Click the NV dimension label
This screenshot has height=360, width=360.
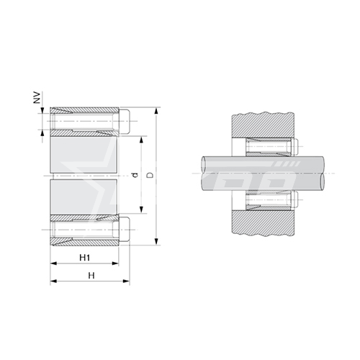point(37,97)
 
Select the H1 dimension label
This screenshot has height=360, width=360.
point(85,258)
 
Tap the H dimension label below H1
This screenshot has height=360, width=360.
point(91,276)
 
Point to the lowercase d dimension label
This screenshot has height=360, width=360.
point(135,175)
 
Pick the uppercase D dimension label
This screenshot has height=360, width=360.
point(150,175)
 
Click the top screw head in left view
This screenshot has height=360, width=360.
point(125,121)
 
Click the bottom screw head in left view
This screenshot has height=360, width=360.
point(125,230)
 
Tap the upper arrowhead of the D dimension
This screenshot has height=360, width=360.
point(156,111)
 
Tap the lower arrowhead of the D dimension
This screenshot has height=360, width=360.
point(156,241)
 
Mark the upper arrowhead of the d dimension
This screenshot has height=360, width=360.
point(141,140)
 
